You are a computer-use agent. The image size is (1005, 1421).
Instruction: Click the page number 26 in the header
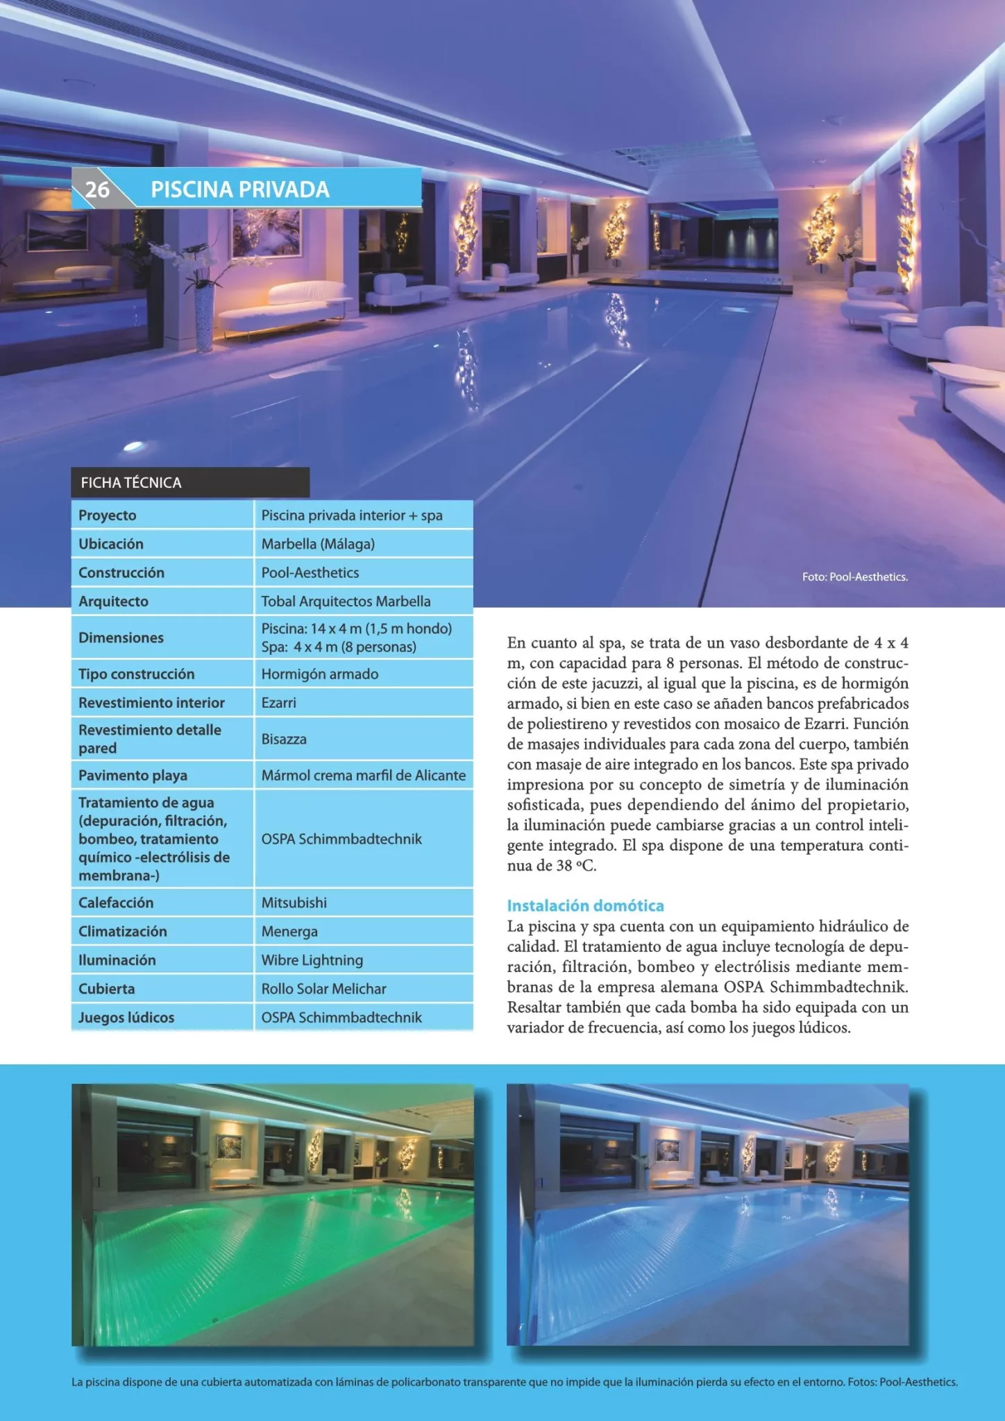coord(97,189)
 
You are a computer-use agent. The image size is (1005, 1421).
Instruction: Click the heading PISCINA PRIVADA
coord(240,189)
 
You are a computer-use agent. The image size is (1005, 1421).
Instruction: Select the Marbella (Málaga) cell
coord(318,544)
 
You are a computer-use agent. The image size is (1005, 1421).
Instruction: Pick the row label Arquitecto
coord(113,602)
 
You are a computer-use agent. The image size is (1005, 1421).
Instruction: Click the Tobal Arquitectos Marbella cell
coord(346,602)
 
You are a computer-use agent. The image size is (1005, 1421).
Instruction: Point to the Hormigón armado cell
coord(320,674)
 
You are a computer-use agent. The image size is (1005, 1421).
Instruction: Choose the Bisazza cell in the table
coord(284,739)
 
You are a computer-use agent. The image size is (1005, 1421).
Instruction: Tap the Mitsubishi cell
coord(294,903)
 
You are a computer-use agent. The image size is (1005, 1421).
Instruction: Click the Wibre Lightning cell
coord(312,960)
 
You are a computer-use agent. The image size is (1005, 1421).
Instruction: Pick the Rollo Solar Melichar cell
coord(323,989)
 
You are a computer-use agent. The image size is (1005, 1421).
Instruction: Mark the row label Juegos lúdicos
coord(126,1018)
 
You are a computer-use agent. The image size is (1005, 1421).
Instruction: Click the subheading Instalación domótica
coord(585,905)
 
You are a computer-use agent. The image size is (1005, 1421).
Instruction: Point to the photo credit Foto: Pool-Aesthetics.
coord(854,577)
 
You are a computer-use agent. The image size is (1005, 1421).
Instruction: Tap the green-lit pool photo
coord(273,1214)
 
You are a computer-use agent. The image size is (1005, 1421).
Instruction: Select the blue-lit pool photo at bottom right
coord(707,1214)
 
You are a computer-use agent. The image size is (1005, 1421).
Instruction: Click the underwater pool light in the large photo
coord(135,446)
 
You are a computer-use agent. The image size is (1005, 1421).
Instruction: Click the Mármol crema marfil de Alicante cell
coord(363,775)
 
